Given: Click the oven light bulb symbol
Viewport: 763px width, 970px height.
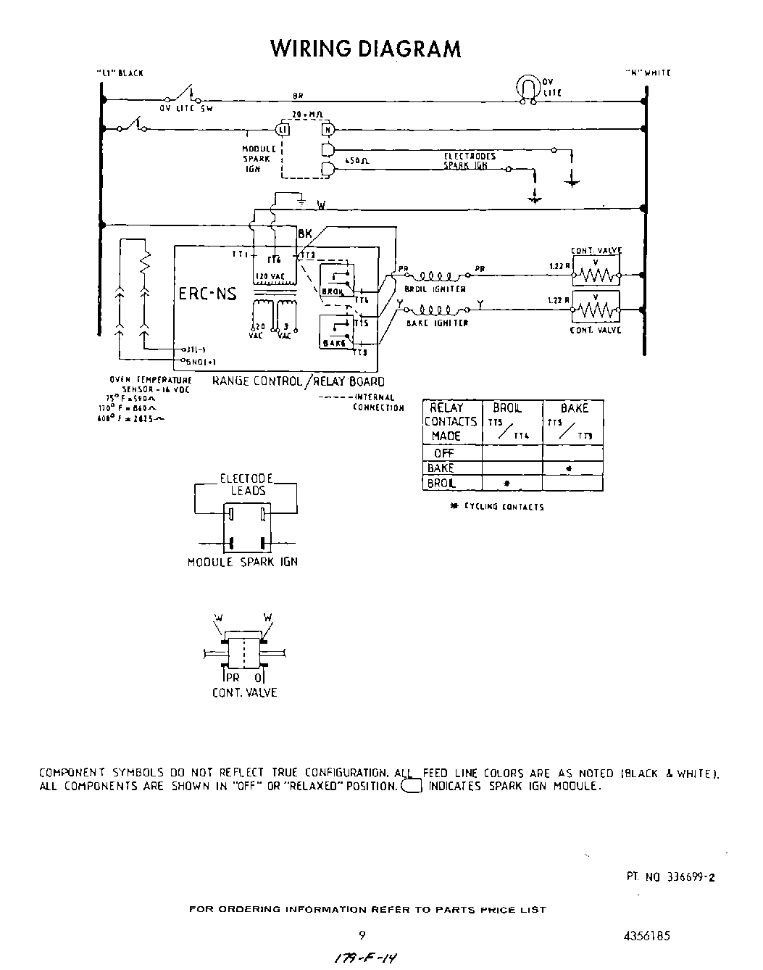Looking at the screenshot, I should click(x=527, y=87).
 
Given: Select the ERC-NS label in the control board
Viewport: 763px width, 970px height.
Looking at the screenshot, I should click(x=207, y=295).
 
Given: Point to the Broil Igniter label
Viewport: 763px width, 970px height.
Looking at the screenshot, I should click(x=435, y=289).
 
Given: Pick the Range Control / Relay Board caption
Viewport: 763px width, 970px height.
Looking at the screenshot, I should click(x=298, y=381).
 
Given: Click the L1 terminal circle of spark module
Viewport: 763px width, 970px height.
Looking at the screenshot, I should click(x=283, y=129).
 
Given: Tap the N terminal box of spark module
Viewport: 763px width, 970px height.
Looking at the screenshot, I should click(x=328, y=129).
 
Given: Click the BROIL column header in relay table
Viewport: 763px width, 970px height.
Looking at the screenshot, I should click(x=507, y=408).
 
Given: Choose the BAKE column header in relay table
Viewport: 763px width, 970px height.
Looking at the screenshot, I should click(x=574, y=408).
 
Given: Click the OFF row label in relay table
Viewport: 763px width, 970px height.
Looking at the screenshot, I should click(x=443, y=453).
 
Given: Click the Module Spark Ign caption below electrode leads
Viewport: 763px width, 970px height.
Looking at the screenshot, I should click(x=243, y=562).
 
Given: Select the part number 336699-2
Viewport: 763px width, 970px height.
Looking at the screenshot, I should click(x=670, y=876).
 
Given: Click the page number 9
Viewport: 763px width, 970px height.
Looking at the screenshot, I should click(x=361, y=935).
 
